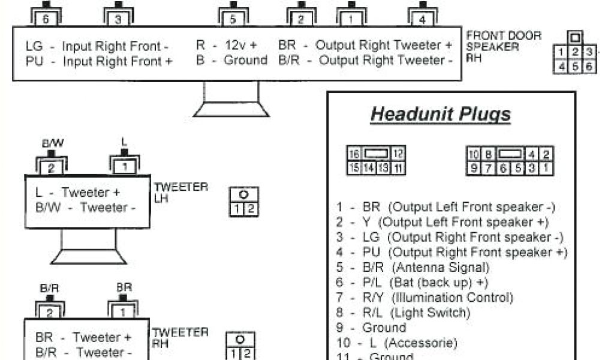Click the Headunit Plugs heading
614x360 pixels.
[441, 114]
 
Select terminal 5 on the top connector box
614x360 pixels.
[233, 19]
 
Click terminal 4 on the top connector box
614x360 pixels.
[423, 19]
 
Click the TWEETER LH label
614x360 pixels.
[180, 192]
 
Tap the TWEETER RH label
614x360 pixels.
[180, 337]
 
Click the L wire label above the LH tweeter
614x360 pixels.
[124, 143]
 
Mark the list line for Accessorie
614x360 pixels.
[396, 343]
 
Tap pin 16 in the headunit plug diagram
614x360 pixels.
[354, 154]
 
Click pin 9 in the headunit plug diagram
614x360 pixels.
[474, 169]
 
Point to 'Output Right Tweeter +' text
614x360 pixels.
[384, 45]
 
